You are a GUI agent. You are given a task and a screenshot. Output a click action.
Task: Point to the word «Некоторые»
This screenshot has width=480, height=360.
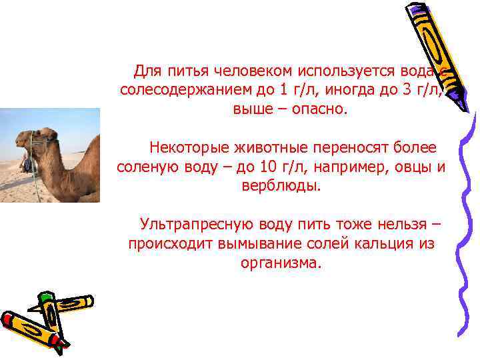(189, 146)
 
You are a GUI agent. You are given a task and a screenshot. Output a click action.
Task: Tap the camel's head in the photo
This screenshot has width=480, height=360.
(30, 140)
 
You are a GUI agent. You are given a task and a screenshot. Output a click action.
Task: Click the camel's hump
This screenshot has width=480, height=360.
(93, 150)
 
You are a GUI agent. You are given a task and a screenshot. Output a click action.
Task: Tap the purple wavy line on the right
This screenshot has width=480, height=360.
(467, 220)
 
